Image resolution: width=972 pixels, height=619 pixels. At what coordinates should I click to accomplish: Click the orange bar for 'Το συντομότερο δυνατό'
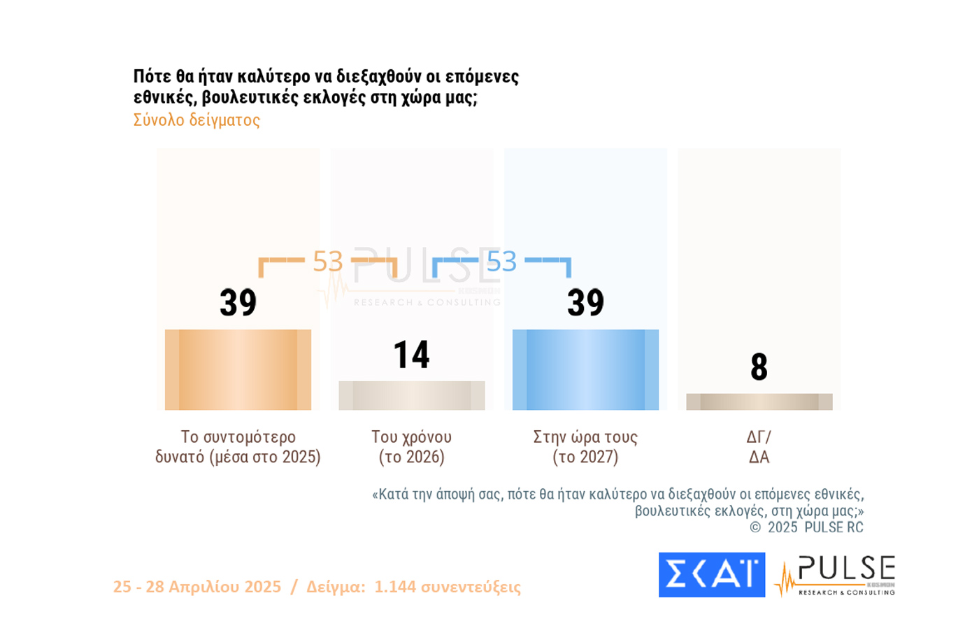(238, 369)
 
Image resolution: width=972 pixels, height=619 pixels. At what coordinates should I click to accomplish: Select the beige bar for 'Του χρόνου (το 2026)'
(411, 395)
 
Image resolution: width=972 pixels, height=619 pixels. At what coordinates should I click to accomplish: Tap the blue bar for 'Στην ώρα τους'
(585, 369)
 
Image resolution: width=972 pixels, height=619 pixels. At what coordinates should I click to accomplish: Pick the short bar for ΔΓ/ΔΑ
(759, 401)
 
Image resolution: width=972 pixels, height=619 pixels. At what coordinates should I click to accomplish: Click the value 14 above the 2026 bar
(411, 355)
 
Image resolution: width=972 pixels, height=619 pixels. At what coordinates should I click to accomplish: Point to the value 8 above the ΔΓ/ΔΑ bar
(759, 367)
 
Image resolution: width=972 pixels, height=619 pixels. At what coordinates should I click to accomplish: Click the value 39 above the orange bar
(238, 303)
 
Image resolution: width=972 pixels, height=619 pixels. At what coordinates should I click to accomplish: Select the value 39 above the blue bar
(585, 303)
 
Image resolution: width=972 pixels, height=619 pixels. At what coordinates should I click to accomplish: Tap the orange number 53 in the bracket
(327, 262)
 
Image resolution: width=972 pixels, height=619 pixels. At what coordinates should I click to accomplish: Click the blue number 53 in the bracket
(501, 262)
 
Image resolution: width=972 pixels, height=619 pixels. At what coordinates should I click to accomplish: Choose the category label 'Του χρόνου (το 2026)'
(411, 447)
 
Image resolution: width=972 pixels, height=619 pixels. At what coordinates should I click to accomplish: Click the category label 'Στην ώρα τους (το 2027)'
(585, 447)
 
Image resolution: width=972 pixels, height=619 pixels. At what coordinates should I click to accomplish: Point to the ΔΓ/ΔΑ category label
(759, 447)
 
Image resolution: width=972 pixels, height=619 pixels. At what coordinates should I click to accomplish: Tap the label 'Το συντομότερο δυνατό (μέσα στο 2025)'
(238, 447)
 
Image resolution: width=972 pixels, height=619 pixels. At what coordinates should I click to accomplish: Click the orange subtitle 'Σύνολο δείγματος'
(196, 120)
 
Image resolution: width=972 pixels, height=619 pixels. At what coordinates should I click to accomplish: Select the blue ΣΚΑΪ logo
(711, 575)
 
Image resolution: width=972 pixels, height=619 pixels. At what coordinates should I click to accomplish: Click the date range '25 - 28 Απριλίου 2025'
(197, 587)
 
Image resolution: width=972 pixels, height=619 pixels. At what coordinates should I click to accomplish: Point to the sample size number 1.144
(395, 587)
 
